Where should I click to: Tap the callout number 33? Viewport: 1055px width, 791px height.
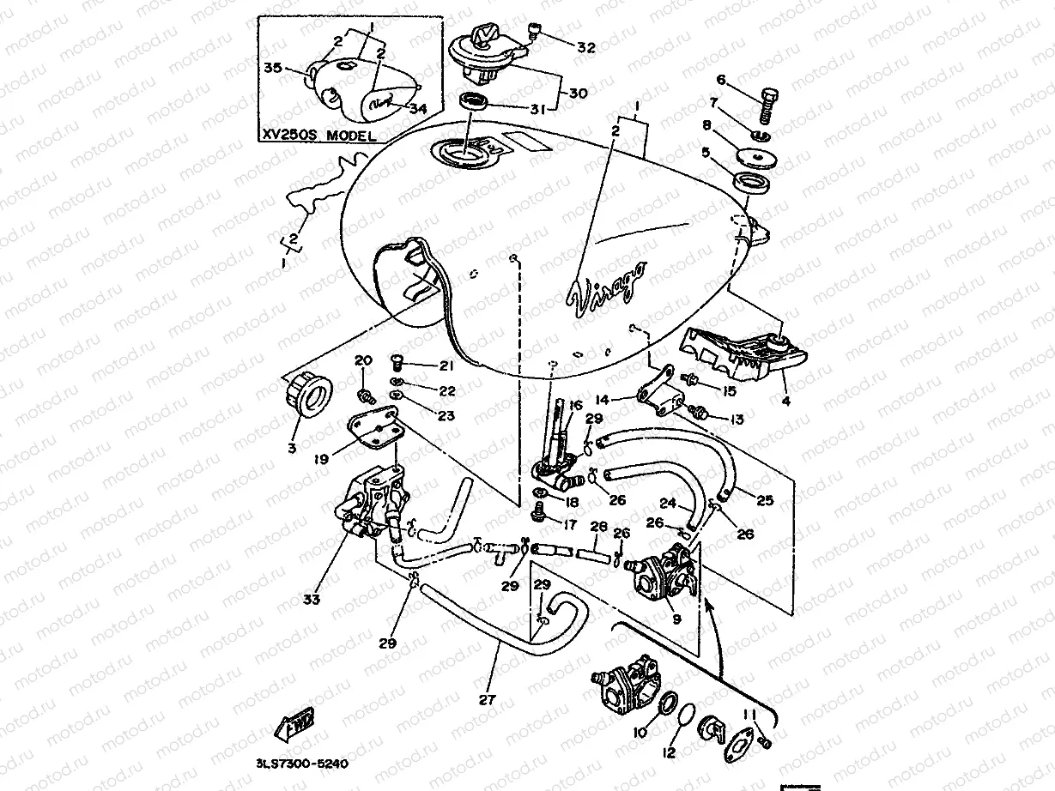tap(312, 600)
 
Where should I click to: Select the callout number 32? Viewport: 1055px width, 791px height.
tap(586, 48)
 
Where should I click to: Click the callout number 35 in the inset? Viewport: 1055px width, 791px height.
tap(272, 68)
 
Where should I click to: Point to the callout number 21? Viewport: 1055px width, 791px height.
tap(445, 367)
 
